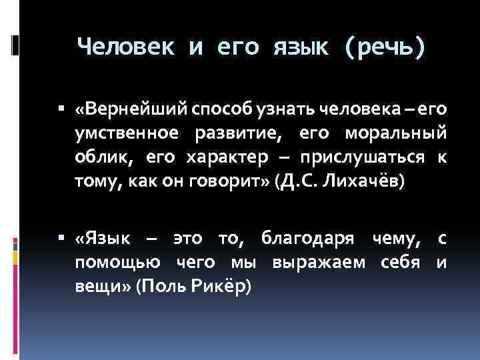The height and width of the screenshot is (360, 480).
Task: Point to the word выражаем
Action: (319, 263)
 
